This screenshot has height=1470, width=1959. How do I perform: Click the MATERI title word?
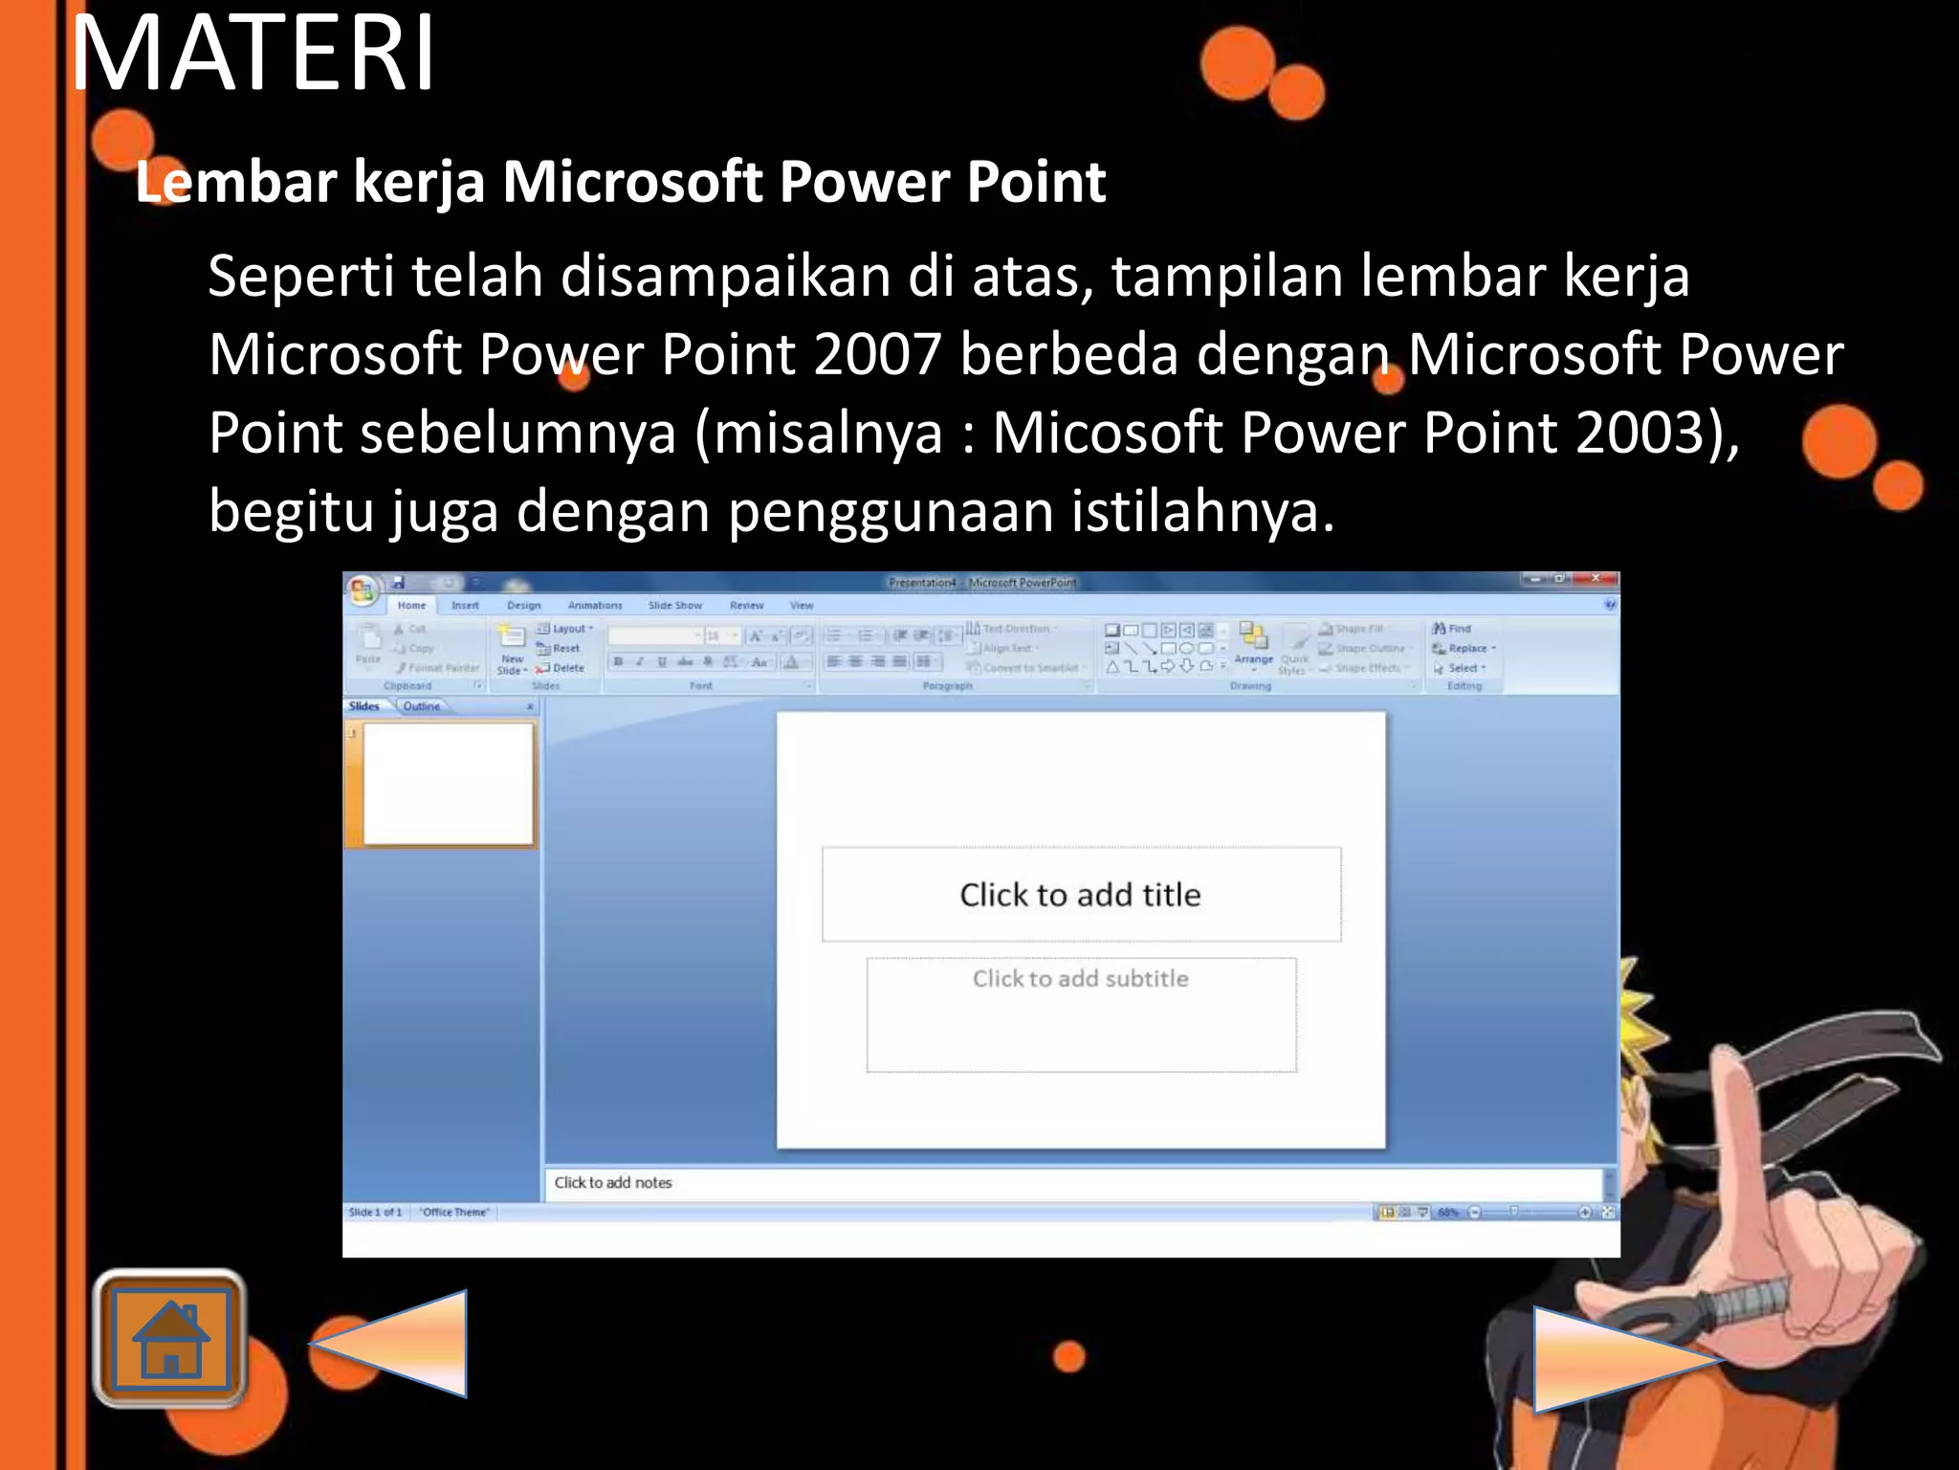coord(253,55)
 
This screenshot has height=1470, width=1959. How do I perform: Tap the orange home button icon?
coord(170,1338)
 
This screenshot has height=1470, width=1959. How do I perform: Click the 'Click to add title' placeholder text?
coord(1080,895)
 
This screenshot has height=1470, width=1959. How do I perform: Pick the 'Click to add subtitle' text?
coord(1080,979)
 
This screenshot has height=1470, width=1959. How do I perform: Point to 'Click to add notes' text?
coord(613,1183)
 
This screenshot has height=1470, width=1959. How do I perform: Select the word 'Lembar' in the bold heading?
coord(235,182)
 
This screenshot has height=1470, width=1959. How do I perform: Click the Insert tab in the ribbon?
coord(465,606)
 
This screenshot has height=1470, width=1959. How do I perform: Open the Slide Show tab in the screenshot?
coord(674,606)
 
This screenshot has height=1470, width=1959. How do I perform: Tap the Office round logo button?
coord(363,590)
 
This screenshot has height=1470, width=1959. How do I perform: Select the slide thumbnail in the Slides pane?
coord(448,784)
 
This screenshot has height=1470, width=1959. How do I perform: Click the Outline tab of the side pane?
coord(421,706)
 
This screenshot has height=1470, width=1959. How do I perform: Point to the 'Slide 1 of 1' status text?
coord(375,1213)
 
